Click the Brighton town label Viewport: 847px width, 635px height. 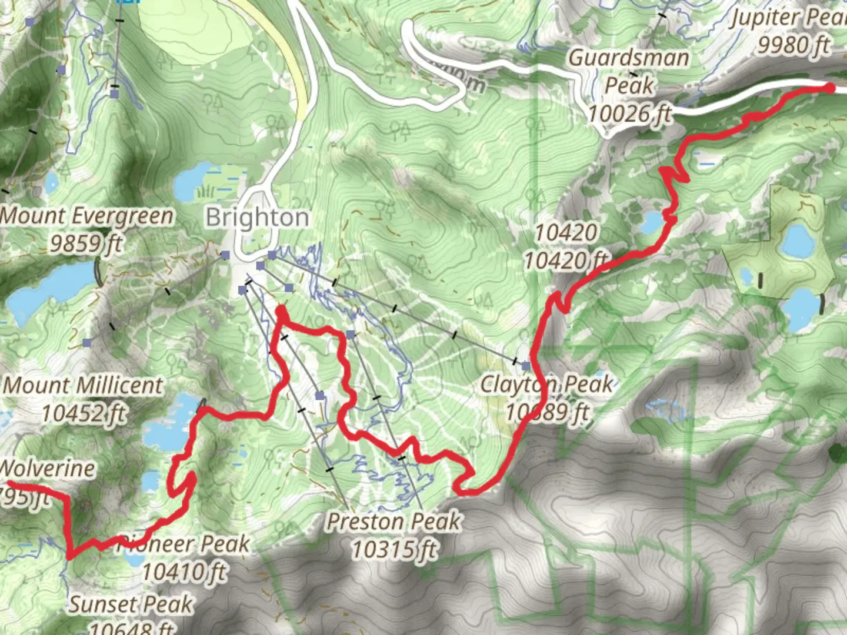(x=257, y=218)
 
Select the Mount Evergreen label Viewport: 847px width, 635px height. (x=86, y=216)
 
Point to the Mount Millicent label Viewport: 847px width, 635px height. (x=83, y=386)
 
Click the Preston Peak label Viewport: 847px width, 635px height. (x=394, y=521)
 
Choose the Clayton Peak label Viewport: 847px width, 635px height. (x=546, y=385)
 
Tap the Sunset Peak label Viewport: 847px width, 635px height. (x=131, y=604)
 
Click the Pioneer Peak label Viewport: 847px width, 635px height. (x=185, y=544)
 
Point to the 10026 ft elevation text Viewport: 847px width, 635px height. (x=630, y=113)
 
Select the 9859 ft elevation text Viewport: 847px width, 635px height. (x=86, y=242)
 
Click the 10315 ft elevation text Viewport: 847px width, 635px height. (x=394, y=550)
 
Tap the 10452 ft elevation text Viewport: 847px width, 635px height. (x=83, y=413)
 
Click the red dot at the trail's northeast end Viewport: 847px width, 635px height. (x=830, y=88)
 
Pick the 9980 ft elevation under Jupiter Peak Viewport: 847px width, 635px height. (x=793, y=44)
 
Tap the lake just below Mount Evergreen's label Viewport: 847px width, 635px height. (x=50, y=288)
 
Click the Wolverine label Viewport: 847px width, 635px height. (x=47, y=469)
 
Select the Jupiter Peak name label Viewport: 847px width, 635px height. (x=788, y=18)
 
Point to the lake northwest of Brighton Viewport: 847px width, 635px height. (x=192, y=182)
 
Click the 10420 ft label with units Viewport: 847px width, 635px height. (x=566, y=260)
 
